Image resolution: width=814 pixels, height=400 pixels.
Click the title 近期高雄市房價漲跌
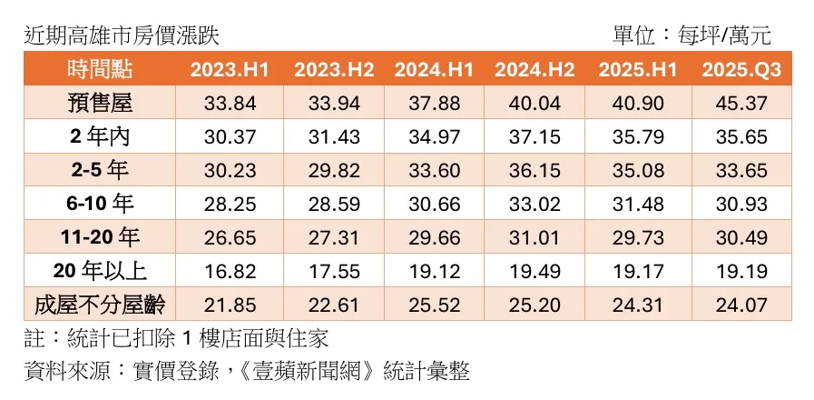click(122, 35)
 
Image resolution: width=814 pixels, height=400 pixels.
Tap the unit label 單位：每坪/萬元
click(691, 35)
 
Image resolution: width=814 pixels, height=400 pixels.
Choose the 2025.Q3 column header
click(740, 70)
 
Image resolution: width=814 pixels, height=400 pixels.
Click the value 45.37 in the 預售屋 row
click(740, 103)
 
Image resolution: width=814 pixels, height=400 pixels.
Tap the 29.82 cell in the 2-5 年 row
click(334, 170)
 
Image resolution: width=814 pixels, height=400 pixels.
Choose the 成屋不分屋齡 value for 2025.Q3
click(740, 305)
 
